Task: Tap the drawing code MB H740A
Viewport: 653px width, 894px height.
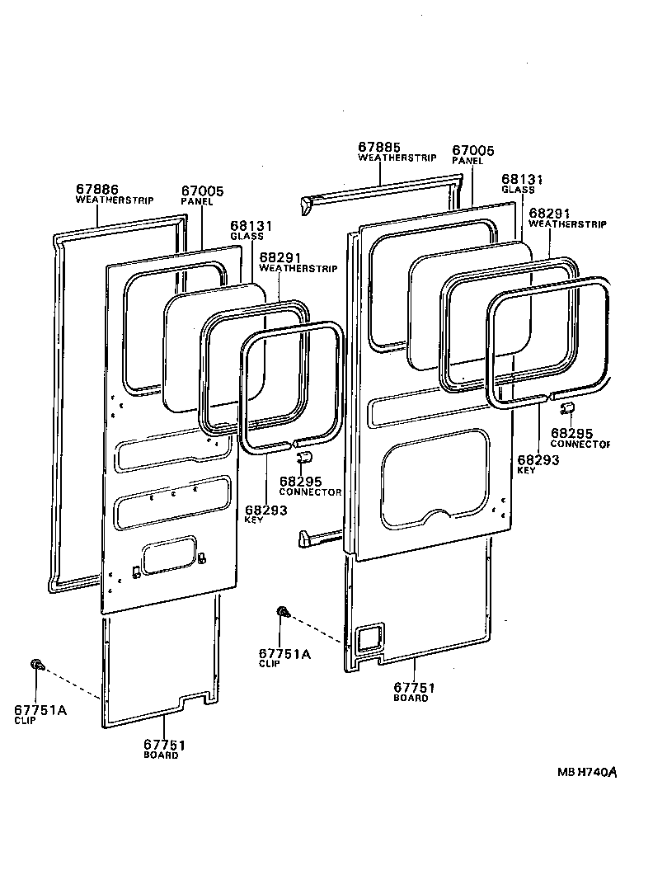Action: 587,773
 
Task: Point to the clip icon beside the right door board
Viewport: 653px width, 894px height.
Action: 283,611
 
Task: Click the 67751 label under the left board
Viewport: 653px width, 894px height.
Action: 163,744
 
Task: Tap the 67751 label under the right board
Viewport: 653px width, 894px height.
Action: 413,687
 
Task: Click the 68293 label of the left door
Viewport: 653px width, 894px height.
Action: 265,511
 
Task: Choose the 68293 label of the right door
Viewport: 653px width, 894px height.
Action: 538,459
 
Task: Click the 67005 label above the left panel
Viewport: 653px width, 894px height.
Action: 201,191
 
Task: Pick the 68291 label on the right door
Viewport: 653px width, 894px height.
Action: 548,213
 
